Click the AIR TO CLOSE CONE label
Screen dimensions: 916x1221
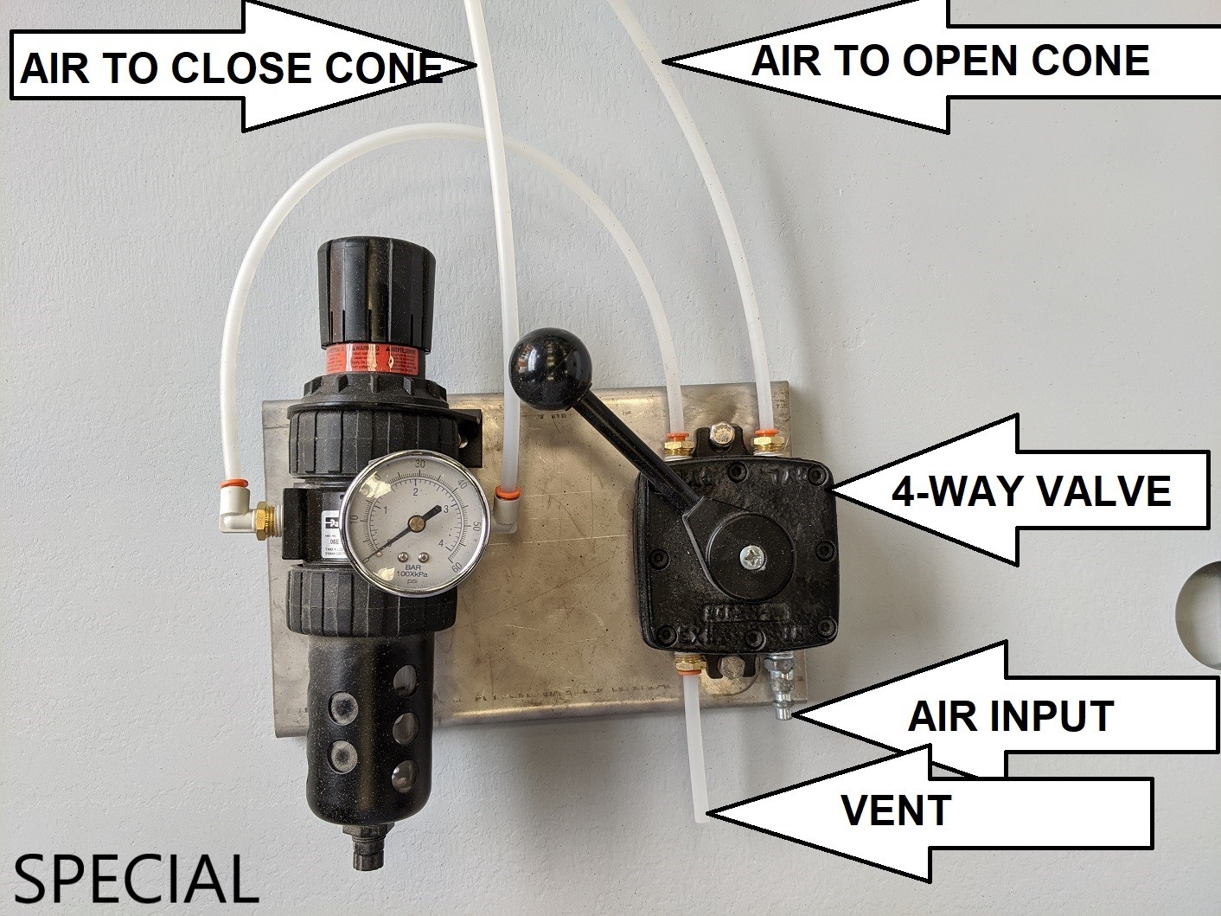(229, 68)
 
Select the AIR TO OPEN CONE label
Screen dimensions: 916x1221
(949, 61)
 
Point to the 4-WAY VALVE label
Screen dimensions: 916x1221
(1030, 491)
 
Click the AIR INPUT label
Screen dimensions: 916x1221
(1009, 716)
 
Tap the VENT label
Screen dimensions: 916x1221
(896, 810)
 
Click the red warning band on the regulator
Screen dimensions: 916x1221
(373, 359)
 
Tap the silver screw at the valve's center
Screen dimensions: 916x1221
(749, 555)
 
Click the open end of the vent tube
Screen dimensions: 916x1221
(702, 812)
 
